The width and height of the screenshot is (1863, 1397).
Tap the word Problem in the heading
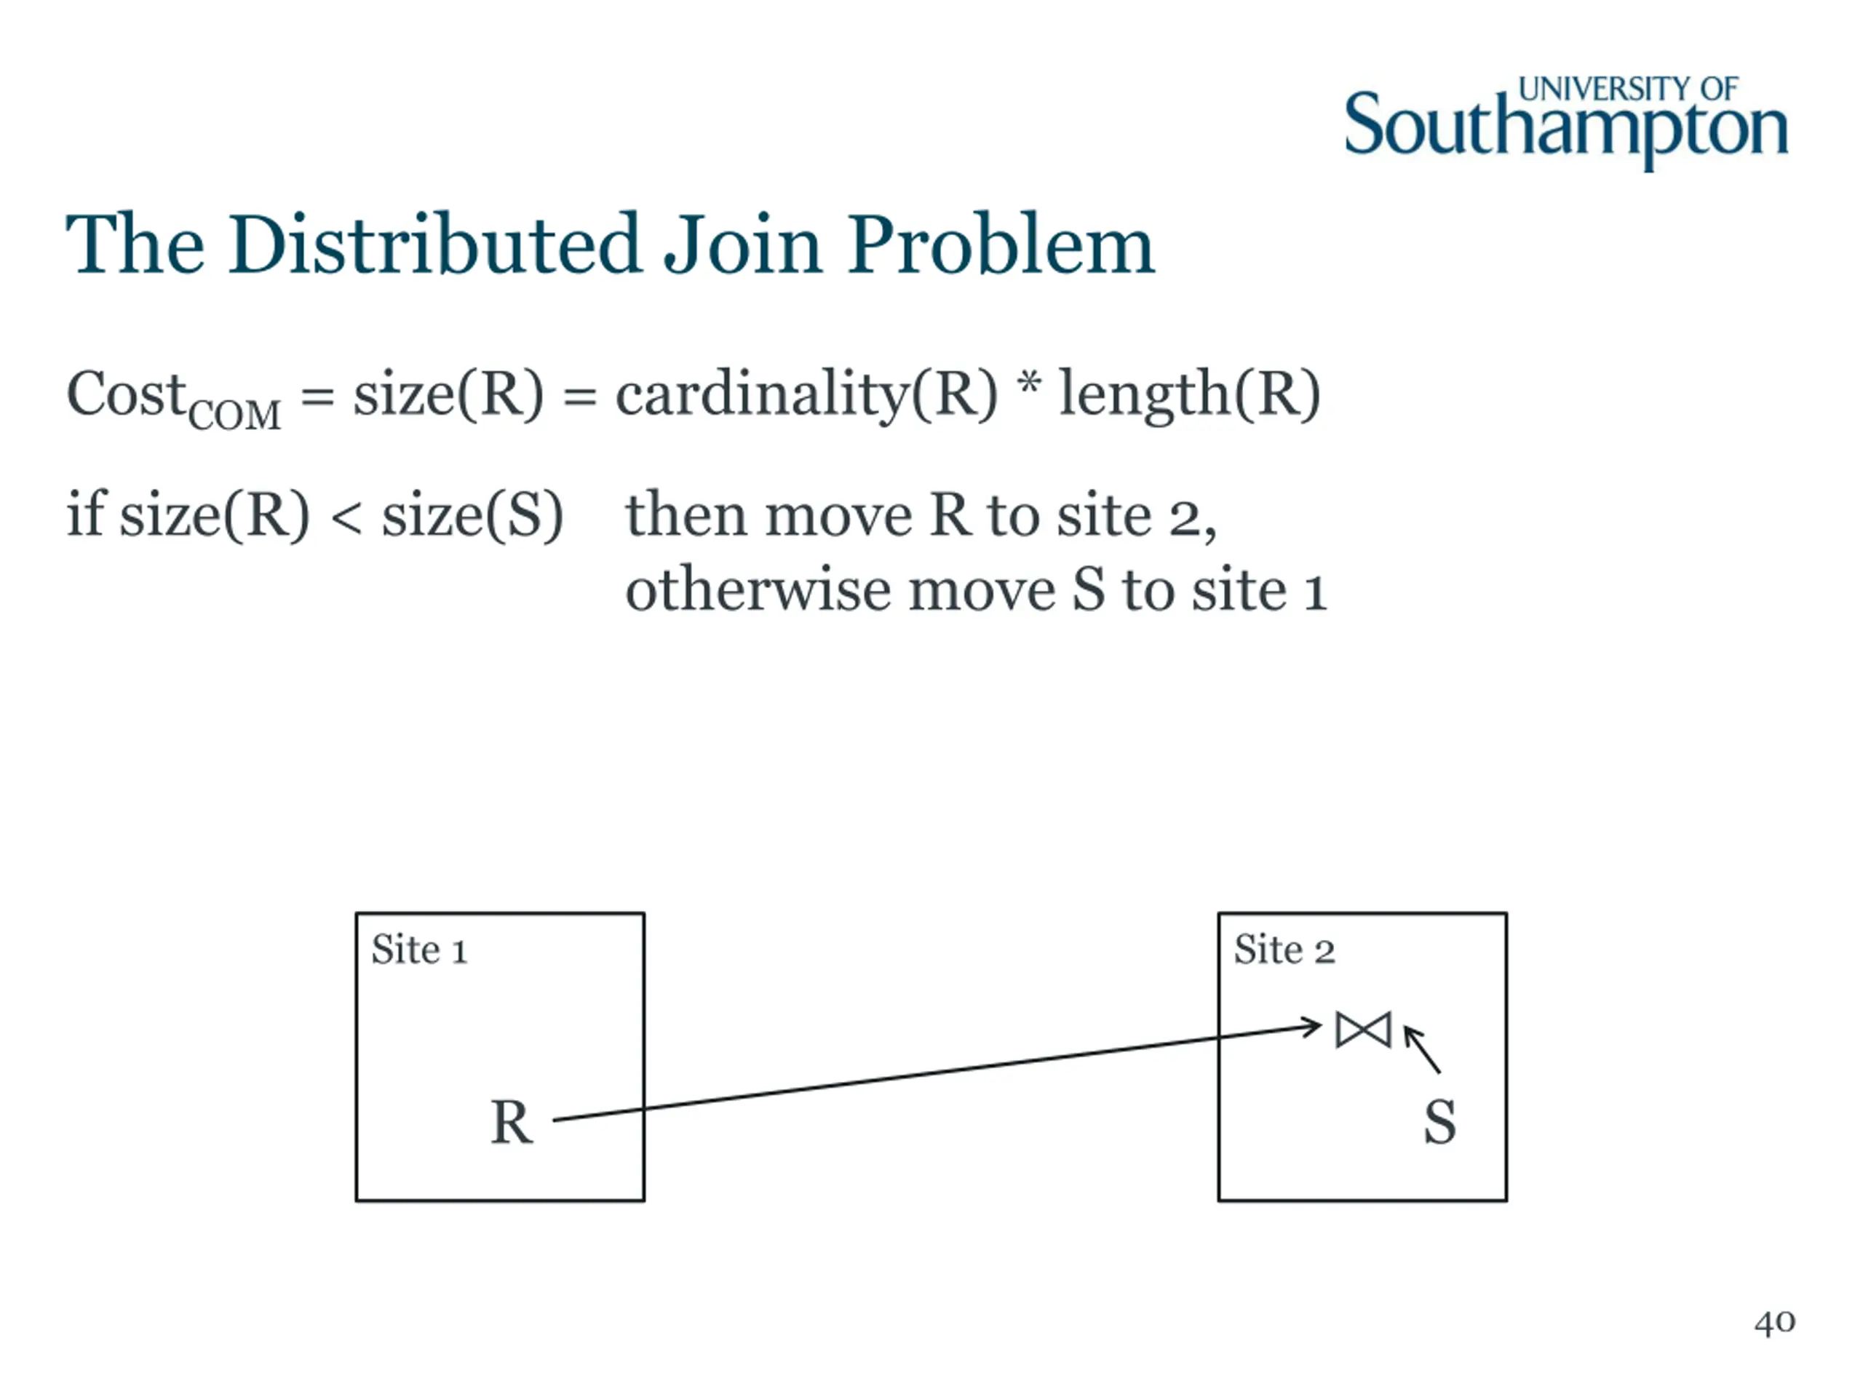[x=1001, y=245]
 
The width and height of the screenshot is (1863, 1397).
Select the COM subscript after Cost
[x=234, y=415]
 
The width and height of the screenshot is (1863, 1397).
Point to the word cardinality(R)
[x=806, y=394]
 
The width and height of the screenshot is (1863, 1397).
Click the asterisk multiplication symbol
[x=1028, y=386]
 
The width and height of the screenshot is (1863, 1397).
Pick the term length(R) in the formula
[x=1189, y=394]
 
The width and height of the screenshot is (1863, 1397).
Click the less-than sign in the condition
[x=346, y=515]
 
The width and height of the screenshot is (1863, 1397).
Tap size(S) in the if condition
[x=472, y=514]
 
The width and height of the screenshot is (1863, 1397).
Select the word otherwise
[x=757, y=589]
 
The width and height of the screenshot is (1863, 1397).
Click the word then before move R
[x=686, y=514]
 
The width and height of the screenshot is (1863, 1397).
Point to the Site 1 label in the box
[x=418, y=950]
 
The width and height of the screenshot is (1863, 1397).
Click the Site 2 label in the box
[x=1284, y=950]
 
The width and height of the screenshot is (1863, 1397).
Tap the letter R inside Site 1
[x=511, y=1123]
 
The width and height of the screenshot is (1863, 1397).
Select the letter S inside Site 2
[x=1439, y=1123]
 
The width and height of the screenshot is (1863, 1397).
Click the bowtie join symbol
[x=1363, y=1030]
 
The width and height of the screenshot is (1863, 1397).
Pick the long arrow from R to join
[x=935, y=1072]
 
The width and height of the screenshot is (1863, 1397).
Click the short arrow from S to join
[x=1423, y=1049]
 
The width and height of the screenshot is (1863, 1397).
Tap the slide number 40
[x=1774, y=1323]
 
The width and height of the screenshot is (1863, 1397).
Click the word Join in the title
[x=743, y=245]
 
